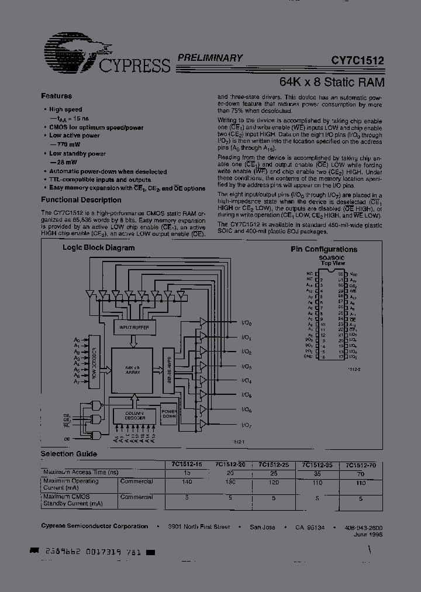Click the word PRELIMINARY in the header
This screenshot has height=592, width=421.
pyautogui.click(x=209, y=58)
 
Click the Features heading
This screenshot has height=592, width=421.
pyautogui.click(x=57, y=96)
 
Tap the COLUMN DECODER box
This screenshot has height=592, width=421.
pyautogui.click(x=134, y=415)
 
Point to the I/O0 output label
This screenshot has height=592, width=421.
pyautogui.click(x=246, y=323)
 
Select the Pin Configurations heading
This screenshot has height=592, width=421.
pyautogui.click(x=324, y=249)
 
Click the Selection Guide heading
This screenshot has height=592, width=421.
pyautogui.click(x=68, y=453)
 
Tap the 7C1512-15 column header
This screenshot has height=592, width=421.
pyautogui.click(x=187, y=464)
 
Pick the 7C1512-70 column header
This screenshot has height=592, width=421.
pyautogui.click(x=360, y=464)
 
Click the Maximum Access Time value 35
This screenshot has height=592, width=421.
pyautogui.click(x=318, y=472)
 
